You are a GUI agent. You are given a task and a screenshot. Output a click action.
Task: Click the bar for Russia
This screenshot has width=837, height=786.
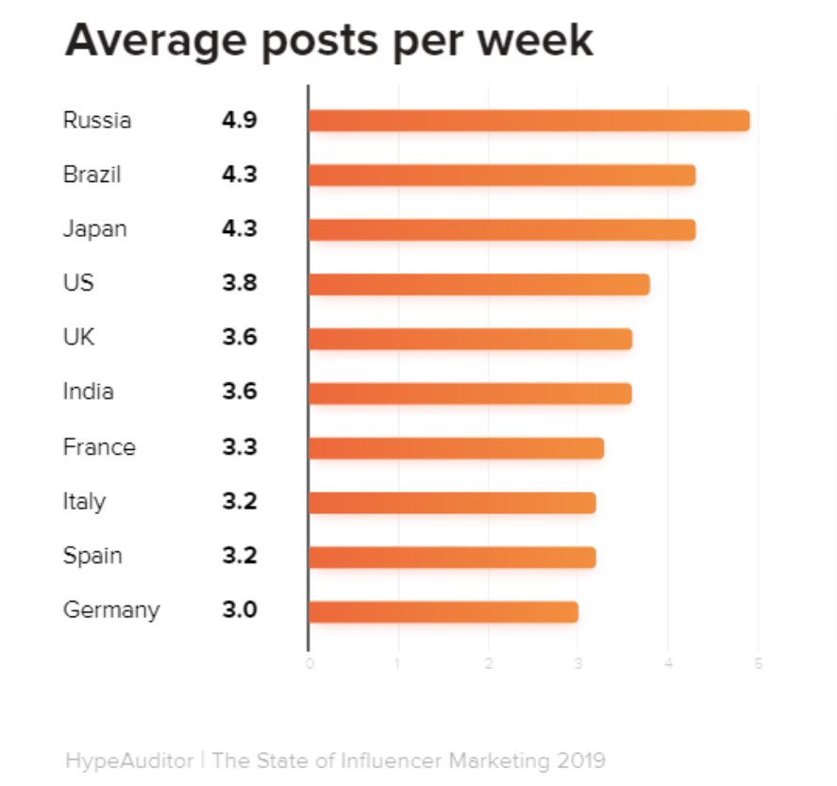point(528,121)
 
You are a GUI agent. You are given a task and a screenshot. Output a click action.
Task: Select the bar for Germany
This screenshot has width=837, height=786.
point(443,611)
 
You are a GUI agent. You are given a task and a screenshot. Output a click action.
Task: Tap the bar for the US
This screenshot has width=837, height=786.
point(478,284)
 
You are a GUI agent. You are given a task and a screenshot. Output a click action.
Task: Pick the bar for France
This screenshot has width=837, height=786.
point(456,447)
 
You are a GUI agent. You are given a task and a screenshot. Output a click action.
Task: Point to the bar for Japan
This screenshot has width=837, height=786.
point(501,229)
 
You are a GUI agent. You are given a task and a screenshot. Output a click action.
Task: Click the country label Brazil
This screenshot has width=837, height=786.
point(92,176)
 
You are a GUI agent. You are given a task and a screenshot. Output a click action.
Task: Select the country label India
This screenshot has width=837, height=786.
point(88,393)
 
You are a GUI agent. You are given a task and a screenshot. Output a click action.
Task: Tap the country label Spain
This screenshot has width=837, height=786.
point(92,556)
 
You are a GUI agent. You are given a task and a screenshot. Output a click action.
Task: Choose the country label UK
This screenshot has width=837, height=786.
point(78,338)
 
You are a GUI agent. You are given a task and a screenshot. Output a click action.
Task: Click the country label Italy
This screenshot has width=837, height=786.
point(84,501)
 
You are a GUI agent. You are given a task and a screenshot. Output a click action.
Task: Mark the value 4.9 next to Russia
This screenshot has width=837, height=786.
point(239,121)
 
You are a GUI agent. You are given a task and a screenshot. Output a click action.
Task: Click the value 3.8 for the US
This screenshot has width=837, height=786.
point(239,284)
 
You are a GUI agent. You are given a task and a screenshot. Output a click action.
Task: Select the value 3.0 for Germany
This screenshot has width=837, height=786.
point(239,610)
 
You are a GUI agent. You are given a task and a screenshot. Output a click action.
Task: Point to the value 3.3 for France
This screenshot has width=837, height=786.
point(239,447)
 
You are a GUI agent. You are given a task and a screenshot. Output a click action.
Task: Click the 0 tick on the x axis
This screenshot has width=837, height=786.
point(310,665)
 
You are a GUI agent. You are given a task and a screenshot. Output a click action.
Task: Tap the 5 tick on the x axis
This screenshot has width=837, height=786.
point(758,665)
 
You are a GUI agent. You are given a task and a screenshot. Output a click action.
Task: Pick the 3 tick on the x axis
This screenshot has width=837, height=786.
point(578,665)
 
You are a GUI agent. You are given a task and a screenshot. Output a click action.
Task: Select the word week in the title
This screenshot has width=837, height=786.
point(535,42)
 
